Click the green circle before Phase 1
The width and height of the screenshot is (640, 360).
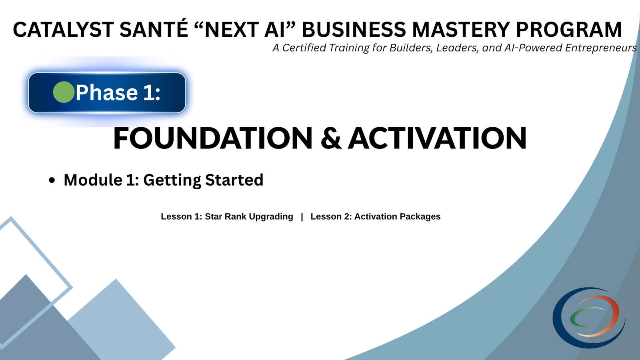64,92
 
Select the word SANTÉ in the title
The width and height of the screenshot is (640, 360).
154,30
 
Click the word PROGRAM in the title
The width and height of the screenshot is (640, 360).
568,30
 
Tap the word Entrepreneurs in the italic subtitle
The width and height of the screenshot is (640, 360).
601,48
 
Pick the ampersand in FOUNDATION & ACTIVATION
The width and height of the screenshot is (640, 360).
331,138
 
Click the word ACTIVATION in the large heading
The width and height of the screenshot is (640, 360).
437,138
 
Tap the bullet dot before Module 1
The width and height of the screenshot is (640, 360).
52,180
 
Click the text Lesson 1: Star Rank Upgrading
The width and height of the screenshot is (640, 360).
227,216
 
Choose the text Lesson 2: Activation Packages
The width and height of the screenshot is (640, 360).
375,216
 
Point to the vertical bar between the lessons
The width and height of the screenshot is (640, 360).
302,216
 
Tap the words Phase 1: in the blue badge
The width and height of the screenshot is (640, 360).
118,93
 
